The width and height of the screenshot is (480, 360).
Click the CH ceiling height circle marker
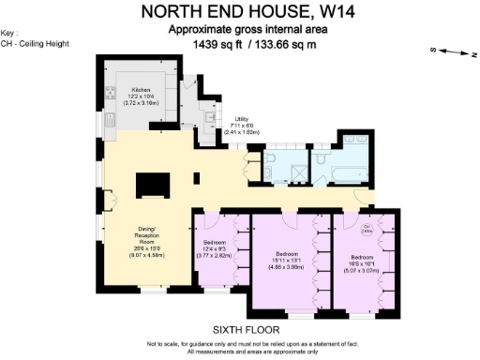click(367, 228)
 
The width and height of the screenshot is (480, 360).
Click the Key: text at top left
click(10, 33)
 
